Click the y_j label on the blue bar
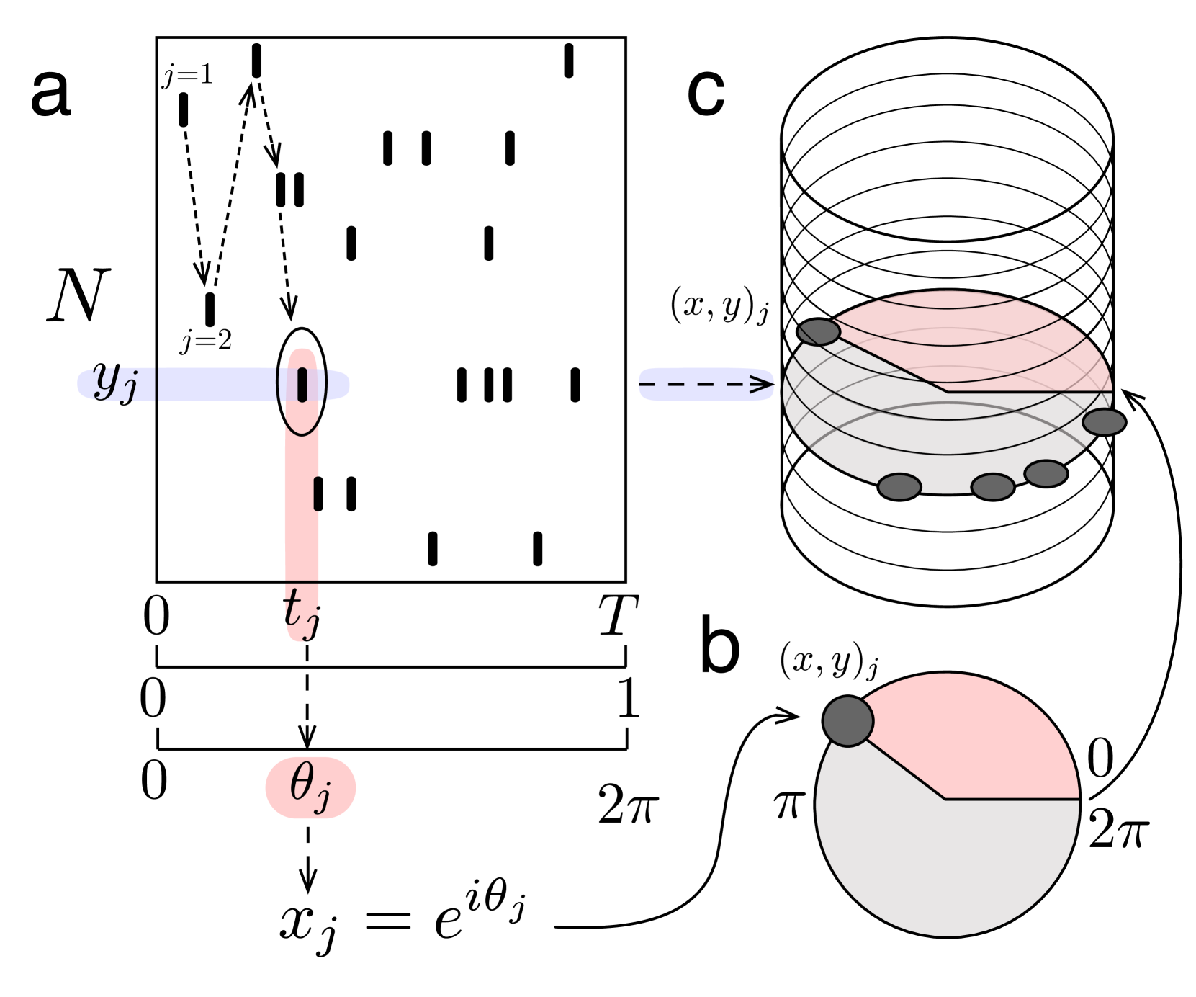click(115, 383)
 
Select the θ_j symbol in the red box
click(310, 787)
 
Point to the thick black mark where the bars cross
click(302, 385)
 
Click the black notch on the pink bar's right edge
click(317, 493)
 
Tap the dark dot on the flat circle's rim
click(848, 721)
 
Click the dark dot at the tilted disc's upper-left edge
click(819, 332)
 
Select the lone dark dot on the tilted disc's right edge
click(1104, 422)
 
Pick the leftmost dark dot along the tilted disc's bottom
click(900, 486)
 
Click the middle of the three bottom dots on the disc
click(992, 487)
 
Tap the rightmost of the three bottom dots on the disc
click(1046, 473)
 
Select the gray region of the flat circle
click(936, 864)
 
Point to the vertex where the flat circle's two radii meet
click(945, 799)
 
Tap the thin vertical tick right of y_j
click(156, 384)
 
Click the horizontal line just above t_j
click(302, 581)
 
